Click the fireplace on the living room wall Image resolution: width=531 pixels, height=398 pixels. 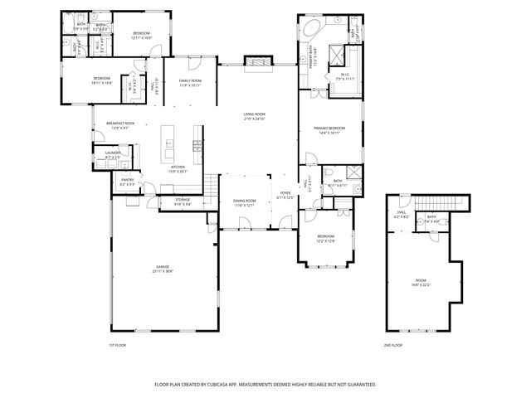(x=256, y=61)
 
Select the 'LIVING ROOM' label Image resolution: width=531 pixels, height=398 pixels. (x=254, y=114)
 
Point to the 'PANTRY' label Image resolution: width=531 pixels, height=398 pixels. (x=127, y=179)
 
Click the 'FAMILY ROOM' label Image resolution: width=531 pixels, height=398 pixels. (x=191, y=80)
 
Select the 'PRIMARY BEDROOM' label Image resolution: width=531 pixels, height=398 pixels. (x=329, y=128)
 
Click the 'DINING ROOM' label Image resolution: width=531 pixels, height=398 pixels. (x=244, y=201)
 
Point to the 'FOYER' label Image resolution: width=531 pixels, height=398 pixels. (x=285, y=192)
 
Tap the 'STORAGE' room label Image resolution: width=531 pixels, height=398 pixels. (x=183, y=200)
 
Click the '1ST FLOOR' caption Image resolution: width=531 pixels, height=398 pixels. (x=118, y=344)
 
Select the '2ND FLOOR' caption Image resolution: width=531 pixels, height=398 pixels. (x=392, y=344)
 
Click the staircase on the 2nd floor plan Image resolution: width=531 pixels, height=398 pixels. (x=438, y=204)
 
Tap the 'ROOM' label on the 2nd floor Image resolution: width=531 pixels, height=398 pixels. (x=420, y=281)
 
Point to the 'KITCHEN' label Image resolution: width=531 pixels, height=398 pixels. (x=178, y=167)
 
